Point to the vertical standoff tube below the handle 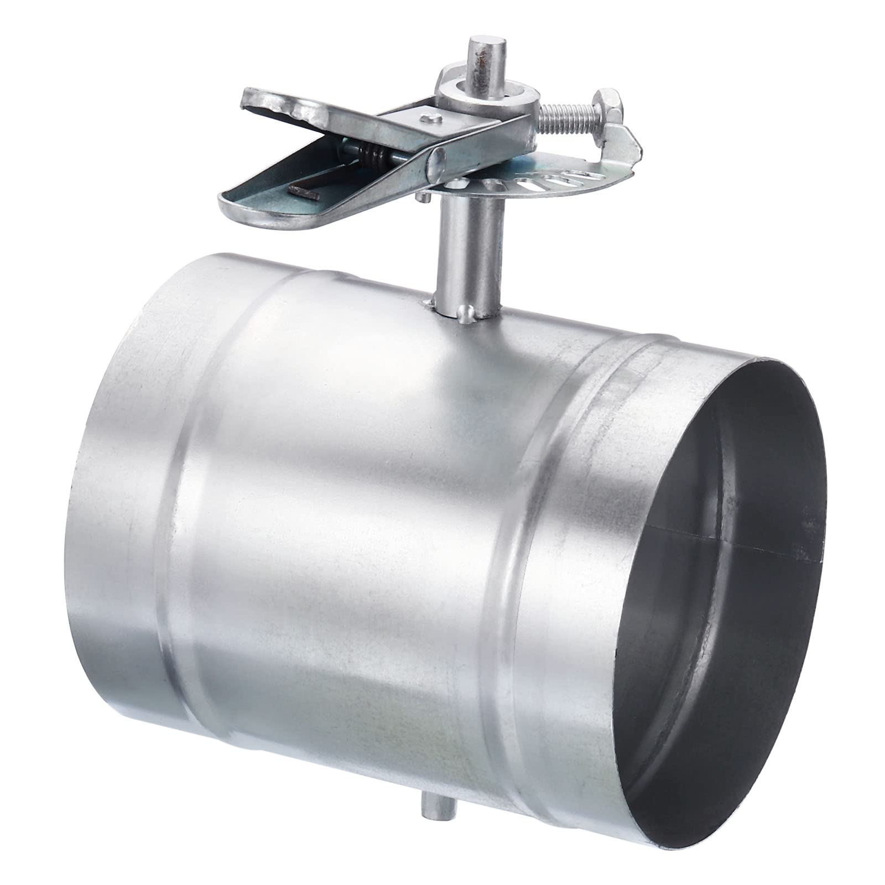(x=467, y=254)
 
